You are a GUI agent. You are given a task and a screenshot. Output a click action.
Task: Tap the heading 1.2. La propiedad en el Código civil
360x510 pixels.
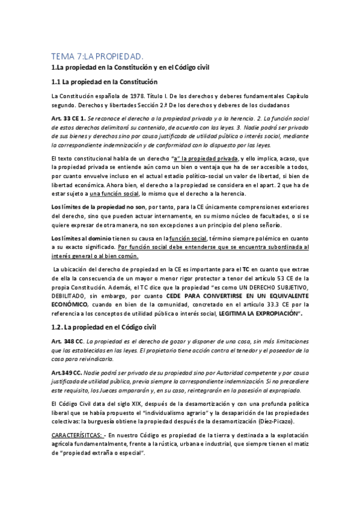tap(103, 327)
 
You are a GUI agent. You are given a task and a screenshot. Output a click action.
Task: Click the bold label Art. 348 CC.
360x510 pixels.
tap(67, 342)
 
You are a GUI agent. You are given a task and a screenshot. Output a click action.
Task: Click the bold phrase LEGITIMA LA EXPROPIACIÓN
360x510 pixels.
tap(261, 314)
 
